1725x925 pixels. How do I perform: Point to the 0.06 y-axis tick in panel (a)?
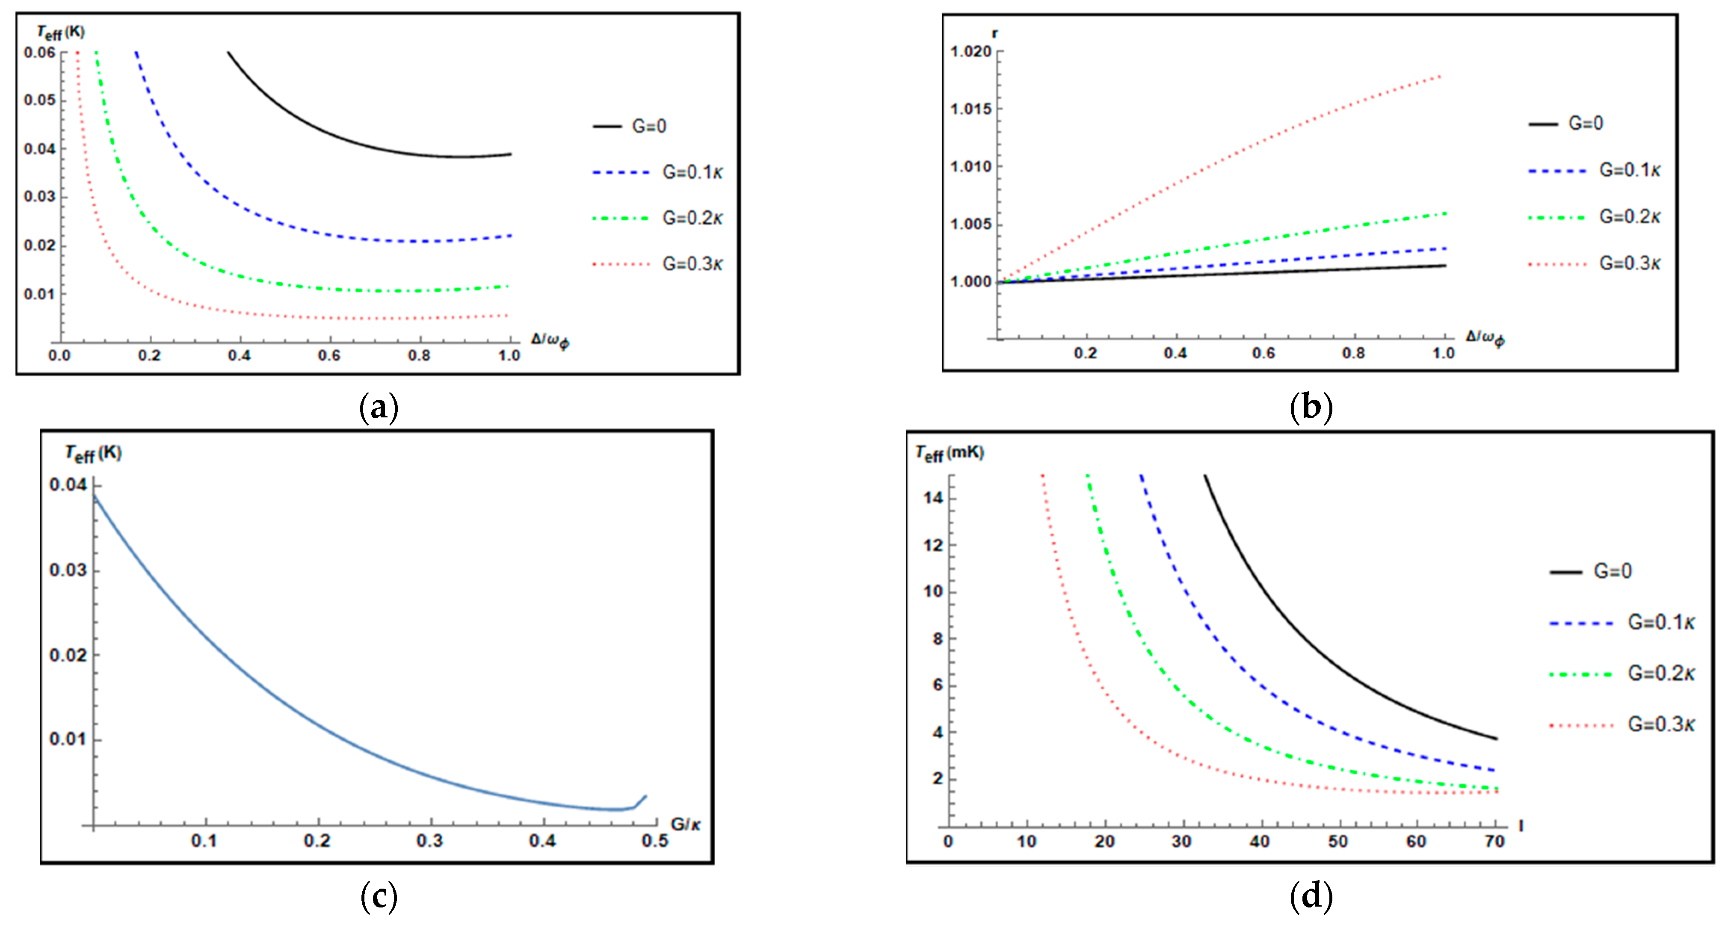click(39, 52)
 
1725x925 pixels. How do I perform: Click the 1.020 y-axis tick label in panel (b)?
click(970, 52)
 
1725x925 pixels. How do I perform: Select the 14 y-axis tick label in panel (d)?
click(933, 498)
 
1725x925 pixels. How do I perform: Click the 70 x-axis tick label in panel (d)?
click(1494, 841)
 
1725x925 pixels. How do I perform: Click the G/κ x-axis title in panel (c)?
click(686, 824)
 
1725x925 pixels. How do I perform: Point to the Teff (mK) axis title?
click(950, 454)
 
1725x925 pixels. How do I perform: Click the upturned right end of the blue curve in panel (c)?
click(645, 796)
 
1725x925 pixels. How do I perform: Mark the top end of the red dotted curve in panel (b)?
click(1440, 76)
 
